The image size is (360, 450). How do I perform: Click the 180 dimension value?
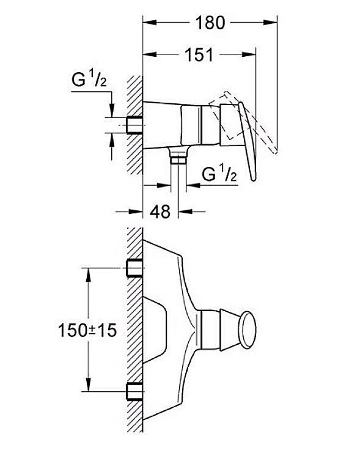tap(210, 23)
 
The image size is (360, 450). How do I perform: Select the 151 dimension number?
tap(199, 54)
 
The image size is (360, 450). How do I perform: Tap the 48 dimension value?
tap(160, 212)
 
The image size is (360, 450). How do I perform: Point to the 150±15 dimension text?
tap(87, 330)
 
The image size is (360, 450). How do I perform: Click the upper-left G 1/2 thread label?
tap(89, 79)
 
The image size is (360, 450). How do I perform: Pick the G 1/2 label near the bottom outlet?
tap(219, 174)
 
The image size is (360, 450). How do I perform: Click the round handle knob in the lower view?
tap(248, 330)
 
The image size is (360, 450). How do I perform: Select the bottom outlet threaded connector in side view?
tap(178, 158)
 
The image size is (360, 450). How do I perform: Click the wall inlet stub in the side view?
tap(134, 125)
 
